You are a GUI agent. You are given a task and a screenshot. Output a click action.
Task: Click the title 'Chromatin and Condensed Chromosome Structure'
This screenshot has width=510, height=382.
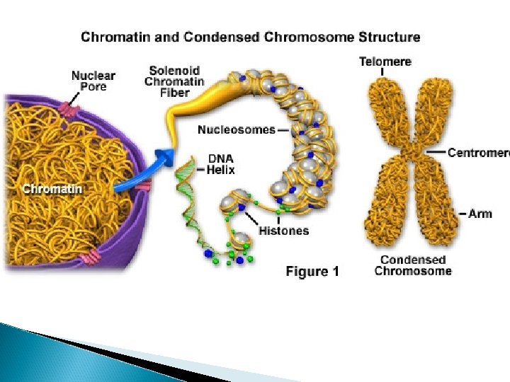coord(250,37)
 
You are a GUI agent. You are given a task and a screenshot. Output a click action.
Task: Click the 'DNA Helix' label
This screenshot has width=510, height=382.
coord(220,165)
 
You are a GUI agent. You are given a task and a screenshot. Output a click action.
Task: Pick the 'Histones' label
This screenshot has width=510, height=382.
coord(283,230)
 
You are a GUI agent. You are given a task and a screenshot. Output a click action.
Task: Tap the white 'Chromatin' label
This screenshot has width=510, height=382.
coord(52,189)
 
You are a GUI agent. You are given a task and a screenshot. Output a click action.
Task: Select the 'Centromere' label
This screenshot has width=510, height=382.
coord(479,152)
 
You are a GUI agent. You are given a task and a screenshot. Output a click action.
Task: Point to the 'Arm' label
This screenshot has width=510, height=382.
coord(480,213)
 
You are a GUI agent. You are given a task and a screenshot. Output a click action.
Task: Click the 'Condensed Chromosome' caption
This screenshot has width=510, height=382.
coord(413,265)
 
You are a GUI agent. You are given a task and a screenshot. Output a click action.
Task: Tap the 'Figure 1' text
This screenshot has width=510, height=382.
coord(312,271)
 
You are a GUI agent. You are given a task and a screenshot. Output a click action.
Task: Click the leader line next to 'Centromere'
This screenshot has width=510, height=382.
coord(436,152)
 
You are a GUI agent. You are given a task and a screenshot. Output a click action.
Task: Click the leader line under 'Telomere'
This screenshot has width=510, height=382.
coord(382,71)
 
